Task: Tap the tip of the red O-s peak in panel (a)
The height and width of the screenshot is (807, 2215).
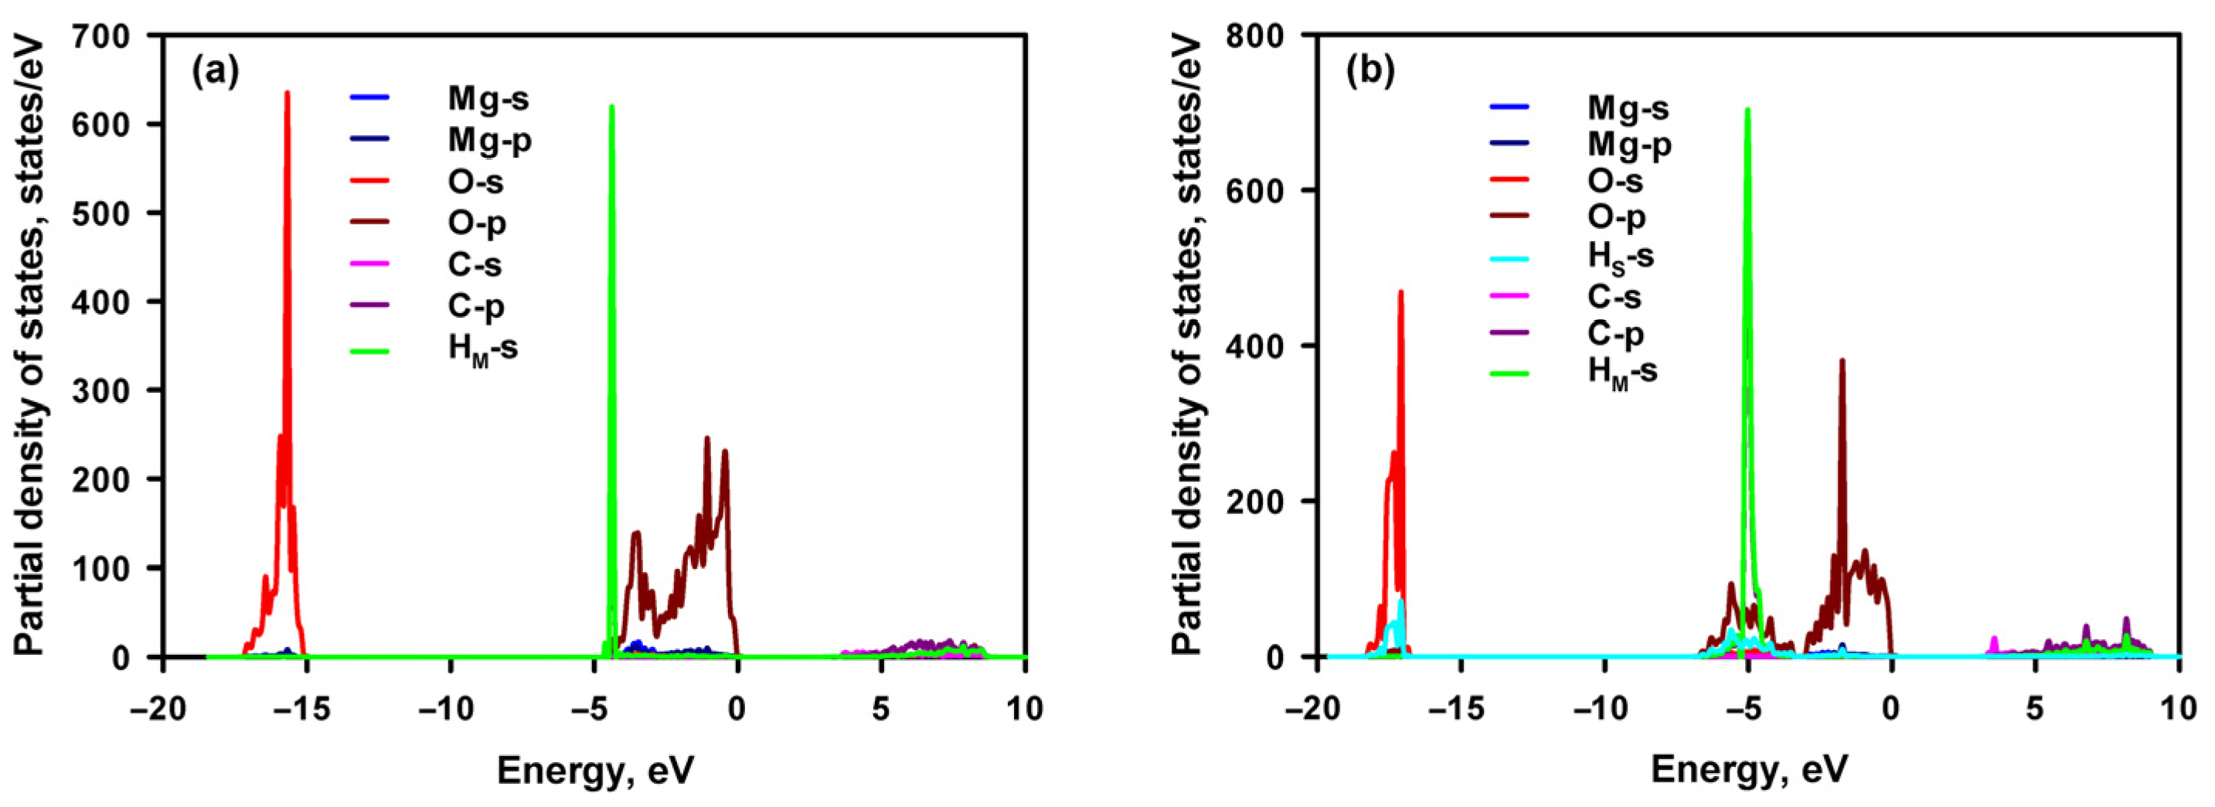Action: point(288,93)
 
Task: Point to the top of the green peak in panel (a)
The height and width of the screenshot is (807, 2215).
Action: point(611,107)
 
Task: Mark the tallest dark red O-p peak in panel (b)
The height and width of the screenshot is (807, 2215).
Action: point(1842,360)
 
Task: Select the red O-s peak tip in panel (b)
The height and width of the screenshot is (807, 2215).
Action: point(1400,291)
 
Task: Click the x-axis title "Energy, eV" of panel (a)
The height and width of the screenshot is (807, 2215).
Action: point(595,770)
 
